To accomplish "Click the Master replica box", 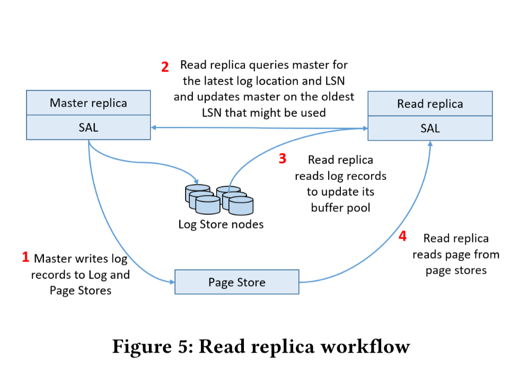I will point(88,103).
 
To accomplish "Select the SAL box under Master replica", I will point(88,128).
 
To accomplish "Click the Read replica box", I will point(430,104).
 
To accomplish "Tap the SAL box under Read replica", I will point(430,128).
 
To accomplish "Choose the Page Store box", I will point(236,282).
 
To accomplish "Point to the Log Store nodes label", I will point(221,224).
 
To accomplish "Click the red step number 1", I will point(25,258).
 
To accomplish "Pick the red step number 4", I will point(402,236).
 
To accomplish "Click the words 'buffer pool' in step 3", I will point(340,207).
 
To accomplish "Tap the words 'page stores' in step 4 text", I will point(456,270).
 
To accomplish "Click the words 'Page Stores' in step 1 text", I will point(81,290).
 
